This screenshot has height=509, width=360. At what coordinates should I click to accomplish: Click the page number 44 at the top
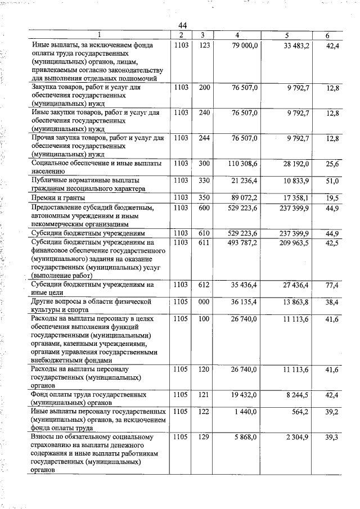182,25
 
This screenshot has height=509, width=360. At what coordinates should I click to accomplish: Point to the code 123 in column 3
204,45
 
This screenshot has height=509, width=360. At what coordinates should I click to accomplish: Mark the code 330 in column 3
204,180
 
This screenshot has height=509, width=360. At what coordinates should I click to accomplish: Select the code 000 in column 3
204,302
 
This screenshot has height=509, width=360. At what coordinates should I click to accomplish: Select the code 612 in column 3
204,285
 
